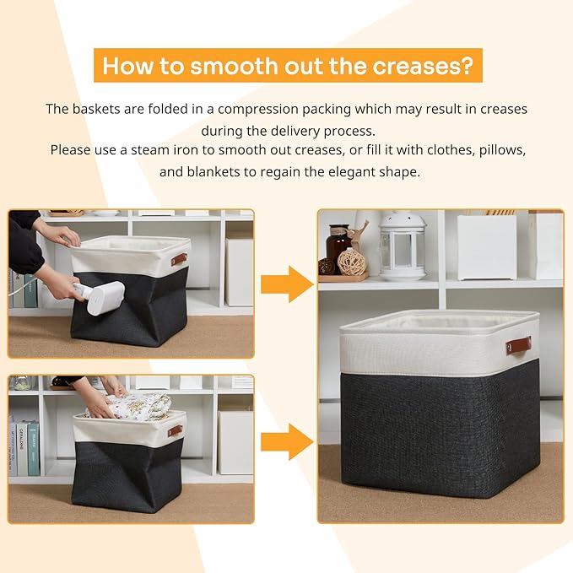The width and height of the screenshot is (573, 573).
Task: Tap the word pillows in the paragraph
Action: [504, 150]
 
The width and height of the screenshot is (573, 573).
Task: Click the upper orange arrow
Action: [287, 284]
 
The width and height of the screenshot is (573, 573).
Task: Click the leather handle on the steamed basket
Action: [180, 259]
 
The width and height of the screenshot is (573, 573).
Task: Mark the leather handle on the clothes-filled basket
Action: [175, 430]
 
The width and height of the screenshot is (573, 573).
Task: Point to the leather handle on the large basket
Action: [518, 344]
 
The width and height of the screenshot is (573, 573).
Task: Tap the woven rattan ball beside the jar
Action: [352, 262]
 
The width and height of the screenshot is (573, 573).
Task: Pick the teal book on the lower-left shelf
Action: [31, 450]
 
